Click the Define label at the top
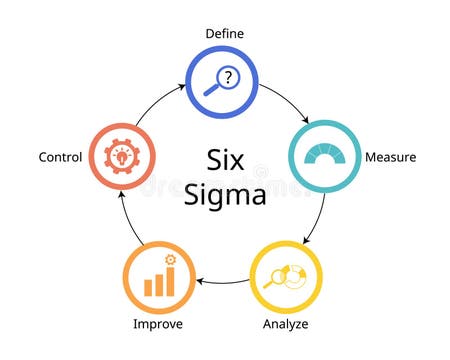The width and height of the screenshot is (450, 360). tap(224, 33)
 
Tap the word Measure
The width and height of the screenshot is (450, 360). tap(390, 157)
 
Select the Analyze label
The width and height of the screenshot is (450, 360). tap(285, 324)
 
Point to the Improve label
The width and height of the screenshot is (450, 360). tap(158, 324)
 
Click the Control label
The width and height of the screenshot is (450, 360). tap(61, 157)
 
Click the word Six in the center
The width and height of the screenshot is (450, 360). tap(225, 160)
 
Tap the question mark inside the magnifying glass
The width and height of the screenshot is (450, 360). tap(229, 77)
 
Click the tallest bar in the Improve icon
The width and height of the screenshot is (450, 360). tap(169, 281)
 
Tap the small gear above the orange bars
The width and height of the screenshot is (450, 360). tap(170, 260)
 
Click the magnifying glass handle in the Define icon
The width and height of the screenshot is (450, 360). tap(211, 91)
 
